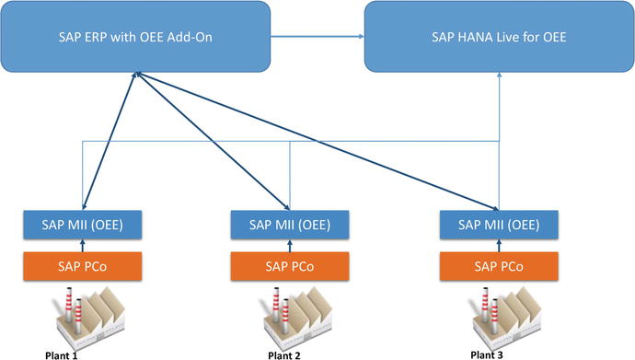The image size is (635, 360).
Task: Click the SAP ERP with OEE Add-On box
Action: click(136, 37)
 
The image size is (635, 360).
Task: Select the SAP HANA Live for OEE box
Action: click(499, 37)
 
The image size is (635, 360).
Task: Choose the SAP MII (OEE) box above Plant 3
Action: click(498, 224)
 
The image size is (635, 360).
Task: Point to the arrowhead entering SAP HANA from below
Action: click(499, 77)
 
